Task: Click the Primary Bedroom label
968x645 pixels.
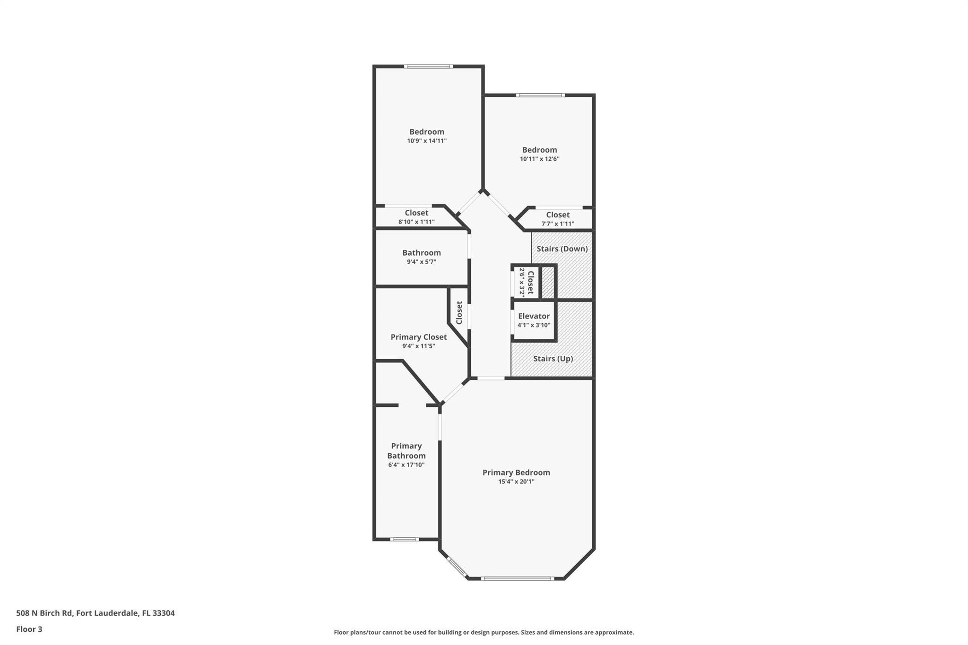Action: click(516, 473)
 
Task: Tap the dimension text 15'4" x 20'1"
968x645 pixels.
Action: click(516, 482)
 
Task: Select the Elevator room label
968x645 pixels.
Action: click(534, 316)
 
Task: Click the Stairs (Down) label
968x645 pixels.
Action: click(562, 249)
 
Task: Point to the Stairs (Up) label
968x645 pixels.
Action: click(553, 359)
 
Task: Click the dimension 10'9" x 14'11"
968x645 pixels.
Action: click(427, 141)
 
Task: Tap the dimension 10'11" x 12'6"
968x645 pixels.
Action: click(539, 159)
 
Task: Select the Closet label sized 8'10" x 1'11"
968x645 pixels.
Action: click(416, 213)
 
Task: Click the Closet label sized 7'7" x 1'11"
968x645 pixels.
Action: click(558, 215)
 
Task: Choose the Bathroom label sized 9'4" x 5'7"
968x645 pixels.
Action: click(421, 253)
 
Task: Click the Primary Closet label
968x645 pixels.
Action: click(418, 337)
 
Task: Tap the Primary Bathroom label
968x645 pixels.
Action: click(406, 451)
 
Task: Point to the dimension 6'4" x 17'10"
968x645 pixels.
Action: click(406, 465)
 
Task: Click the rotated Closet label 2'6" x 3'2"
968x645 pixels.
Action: click(530, 283)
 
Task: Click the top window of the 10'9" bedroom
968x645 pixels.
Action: click(428, 67)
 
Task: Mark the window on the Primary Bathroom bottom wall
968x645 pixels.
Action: click(404, 539)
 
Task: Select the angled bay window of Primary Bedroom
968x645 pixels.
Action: click(457, 568)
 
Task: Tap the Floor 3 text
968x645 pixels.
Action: click(29, 629)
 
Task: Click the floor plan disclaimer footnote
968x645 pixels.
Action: click(484, 632)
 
